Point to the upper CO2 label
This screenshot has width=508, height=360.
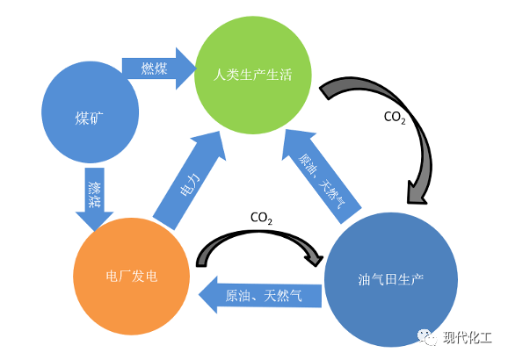pyautogui.click(x=395, y=117)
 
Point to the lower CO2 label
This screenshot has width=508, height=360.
pyautogui.click(x=261, y=217)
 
